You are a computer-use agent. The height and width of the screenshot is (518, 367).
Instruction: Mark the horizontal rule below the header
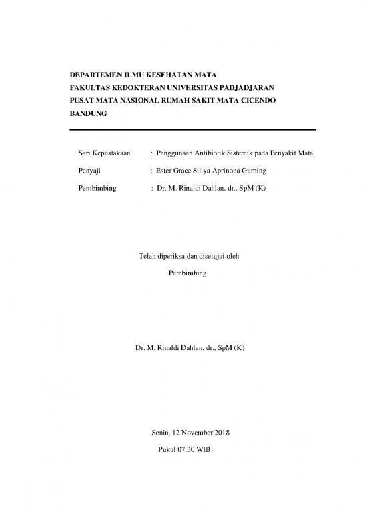[192, 129]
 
